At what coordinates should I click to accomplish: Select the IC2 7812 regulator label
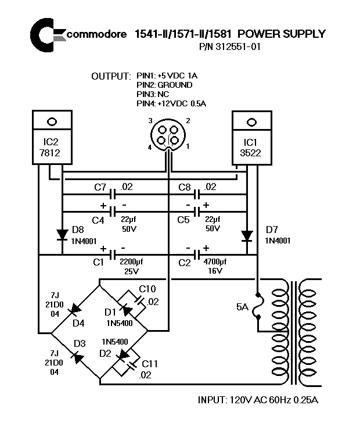[52, 148]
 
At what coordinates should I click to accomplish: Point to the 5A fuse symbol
[258, 306]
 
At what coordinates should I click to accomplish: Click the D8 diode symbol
[62, 235]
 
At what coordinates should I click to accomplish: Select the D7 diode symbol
[247, 235]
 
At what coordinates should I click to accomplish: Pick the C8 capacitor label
[185, 187]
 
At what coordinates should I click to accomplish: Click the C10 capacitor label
[149, 289]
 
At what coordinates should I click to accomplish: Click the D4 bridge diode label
[62, 323]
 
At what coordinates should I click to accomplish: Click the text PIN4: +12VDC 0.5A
[171, 103]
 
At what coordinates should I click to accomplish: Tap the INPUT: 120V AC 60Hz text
[258, 400]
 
